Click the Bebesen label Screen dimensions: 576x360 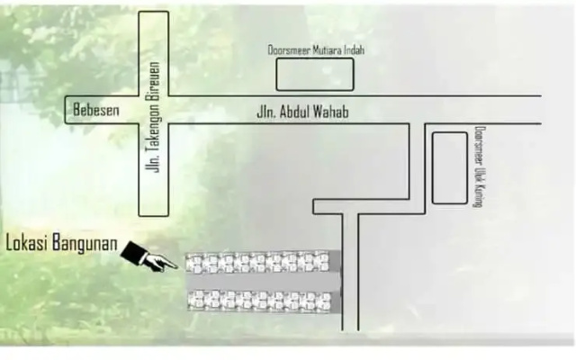(x=96, y=110)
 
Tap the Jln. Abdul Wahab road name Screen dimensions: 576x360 (x=302, y=112)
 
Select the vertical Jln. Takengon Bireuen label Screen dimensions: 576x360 (x=153, y=117)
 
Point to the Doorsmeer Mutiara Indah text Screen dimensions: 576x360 (x=316, y=50)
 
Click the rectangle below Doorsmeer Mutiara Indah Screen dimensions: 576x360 (x=315, y=74)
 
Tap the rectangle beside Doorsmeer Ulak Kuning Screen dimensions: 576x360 (x=450, y=168)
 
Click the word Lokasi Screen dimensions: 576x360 (x=28, y=243)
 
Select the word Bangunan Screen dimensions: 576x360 (x=85, y=244)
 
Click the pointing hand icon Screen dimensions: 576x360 (x=148, y=256)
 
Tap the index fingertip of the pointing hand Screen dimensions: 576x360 (x=176, y=267)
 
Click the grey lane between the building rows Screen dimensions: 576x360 (x=263, y=282)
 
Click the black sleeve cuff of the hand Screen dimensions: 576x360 (x=133, y=252)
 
